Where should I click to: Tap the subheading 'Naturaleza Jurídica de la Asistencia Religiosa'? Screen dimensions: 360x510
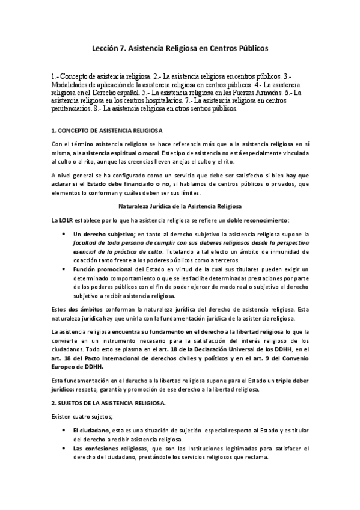(180, 206)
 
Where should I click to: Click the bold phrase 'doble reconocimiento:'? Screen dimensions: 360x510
(258, 220)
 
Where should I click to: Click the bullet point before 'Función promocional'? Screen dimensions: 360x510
(64, 270)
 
